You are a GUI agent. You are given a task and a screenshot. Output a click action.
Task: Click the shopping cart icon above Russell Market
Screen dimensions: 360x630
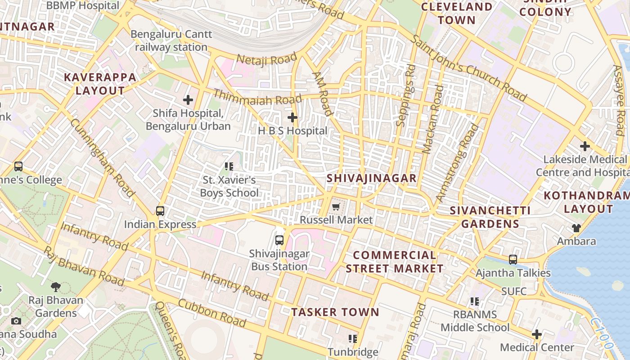(336, 207)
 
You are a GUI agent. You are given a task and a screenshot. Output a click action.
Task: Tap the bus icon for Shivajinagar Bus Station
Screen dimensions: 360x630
(279, 240)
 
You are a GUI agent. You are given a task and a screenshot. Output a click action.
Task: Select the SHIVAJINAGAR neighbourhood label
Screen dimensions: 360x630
(372, 178)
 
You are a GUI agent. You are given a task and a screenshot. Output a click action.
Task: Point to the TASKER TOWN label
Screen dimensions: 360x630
(335, 312)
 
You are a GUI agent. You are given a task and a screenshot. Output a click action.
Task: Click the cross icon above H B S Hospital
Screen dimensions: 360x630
(292, 118)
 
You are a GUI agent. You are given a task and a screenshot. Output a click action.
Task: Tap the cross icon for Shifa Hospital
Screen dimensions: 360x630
(188, 100)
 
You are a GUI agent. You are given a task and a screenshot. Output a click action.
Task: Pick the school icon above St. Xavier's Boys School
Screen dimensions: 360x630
(229, 167)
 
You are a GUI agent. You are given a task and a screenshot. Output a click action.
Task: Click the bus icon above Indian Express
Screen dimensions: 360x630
(160, 211)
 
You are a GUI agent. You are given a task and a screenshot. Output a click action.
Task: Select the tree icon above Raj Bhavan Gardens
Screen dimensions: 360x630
(56, 287)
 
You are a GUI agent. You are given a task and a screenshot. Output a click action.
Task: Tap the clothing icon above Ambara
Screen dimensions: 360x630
(576, 228)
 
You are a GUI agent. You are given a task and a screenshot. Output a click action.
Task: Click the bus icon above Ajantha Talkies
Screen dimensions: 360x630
(513, 260)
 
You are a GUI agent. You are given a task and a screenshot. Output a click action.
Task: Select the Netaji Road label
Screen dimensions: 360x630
(267, 58)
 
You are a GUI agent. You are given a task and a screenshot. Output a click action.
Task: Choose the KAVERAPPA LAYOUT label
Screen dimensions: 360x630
(100, 84)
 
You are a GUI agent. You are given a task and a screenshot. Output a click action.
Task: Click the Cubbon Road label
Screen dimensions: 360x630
(212, 313)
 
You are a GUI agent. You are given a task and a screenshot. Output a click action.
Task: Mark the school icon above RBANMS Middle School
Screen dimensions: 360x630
(475, 301)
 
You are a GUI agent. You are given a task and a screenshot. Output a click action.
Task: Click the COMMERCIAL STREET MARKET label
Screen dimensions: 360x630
(395, 262)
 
